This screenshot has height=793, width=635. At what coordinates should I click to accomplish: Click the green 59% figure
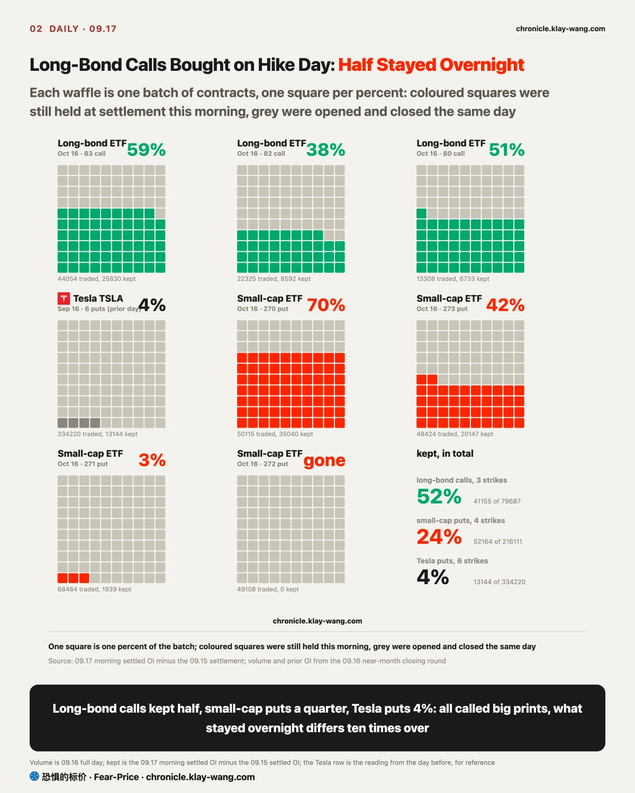[146, 150]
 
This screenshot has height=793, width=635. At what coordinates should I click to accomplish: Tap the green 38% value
[325, 150]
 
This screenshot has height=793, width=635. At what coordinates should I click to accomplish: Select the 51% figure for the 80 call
[506, 150]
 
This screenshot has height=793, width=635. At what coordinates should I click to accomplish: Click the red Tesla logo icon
[63, 299]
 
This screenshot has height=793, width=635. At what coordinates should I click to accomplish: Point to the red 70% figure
[326, 305]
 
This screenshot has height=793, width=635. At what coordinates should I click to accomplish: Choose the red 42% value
[505, 305]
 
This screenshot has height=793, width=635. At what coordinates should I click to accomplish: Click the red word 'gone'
[324, 460]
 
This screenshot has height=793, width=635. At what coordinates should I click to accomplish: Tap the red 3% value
[152, 460]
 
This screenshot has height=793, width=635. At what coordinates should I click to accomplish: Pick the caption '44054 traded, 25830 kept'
[97, 279]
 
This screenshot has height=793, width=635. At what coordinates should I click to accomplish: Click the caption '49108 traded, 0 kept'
[268, 589]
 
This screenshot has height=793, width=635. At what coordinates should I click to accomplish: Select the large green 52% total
[439, 496]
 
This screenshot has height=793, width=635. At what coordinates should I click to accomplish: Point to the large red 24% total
[439, 537]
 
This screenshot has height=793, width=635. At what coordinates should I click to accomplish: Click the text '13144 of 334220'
[499, 582]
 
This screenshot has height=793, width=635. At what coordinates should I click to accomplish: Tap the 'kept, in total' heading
[444, 454]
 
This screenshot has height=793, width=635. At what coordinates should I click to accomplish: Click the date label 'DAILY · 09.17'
[83, 29]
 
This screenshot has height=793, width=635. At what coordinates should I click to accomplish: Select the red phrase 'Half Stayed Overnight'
[431, 65]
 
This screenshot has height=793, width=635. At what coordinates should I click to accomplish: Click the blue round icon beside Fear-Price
[34, 777]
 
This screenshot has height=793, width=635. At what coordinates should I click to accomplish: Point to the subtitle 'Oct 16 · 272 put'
[262, 464]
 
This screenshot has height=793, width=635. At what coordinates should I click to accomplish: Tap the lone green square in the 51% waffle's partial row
[421, 214]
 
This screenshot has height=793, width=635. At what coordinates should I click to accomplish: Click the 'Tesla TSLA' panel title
[98, 299]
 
